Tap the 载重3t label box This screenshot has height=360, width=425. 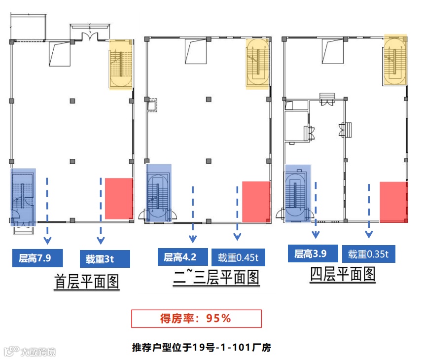(105, 258)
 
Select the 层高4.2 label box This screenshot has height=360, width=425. (180, 256)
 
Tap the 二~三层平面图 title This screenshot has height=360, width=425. (216, 278)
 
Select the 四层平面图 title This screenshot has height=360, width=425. (343, 274)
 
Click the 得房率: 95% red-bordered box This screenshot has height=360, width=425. (196, 319)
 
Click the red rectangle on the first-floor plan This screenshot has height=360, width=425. (119, 198)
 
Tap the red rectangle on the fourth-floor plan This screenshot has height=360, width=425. (393, 201)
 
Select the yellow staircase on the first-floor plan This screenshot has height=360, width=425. (121, 65)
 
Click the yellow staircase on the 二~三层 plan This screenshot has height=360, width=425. (257, 63)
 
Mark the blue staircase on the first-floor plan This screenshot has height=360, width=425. (23, 196)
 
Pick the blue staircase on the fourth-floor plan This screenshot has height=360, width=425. (298, 193)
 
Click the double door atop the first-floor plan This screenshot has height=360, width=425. (91, 36)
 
